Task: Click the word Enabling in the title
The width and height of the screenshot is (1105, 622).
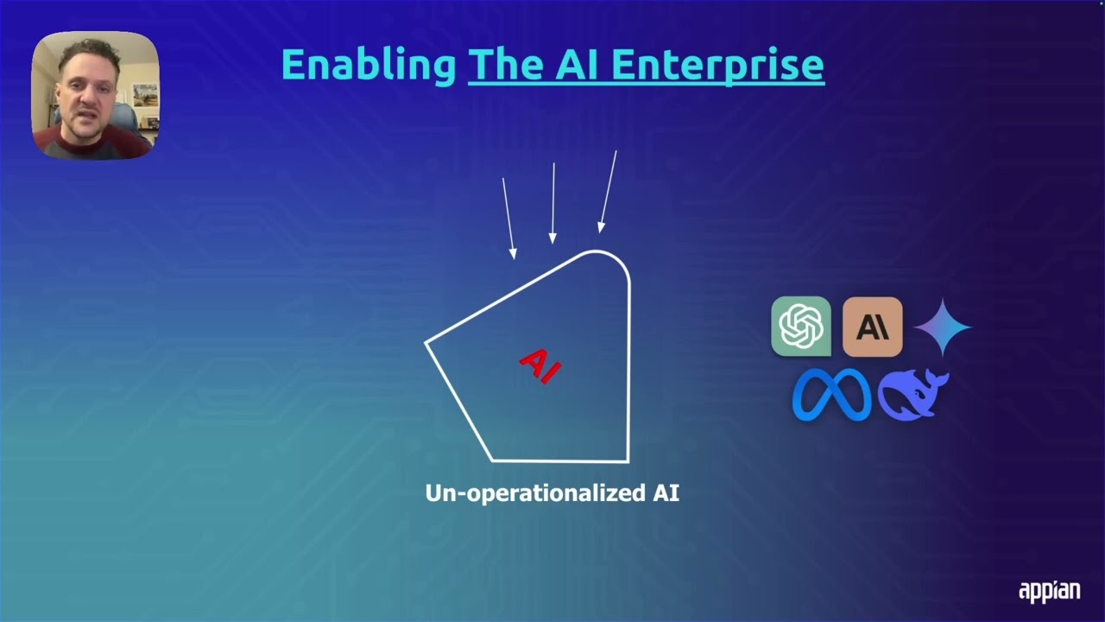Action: pyautogui.click(x=369, y=66)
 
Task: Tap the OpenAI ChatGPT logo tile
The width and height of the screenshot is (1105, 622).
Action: pyautogui.click(x=800, y=327)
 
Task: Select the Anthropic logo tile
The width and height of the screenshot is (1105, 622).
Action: pyautogui.click(x=872, y=327)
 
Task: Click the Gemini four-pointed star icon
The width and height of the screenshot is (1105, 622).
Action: pyautogui.click(x=943, y=327)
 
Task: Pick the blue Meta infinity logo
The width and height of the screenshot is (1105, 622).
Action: pyautogui.click(x=831, y=395)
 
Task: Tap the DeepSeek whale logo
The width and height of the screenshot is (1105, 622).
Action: pyautogui.click(x=912, y=395)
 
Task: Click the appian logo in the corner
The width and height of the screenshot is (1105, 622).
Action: pyautogui.click(x=1049, y=591)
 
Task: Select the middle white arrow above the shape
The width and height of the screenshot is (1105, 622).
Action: pyautogui.click(x=553, y=202)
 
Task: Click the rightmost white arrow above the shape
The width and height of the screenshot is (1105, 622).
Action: pyautogui.click(x=608, y=192)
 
